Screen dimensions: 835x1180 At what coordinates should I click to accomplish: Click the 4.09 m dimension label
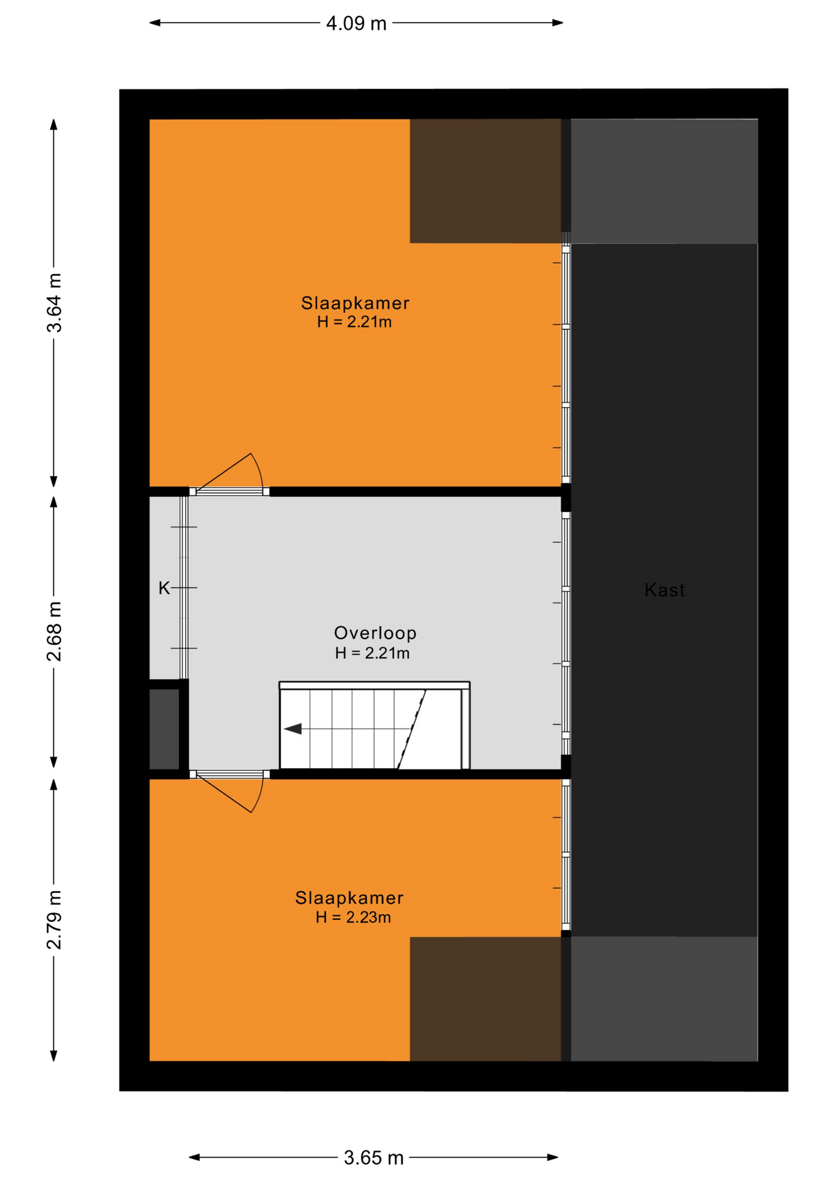[356, 23]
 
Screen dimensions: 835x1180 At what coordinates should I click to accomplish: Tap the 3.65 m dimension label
[373, 1158]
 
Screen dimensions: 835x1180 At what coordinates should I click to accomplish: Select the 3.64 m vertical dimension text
[55, 302]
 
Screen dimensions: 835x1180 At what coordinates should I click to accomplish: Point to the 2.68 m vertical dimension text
[55, 631]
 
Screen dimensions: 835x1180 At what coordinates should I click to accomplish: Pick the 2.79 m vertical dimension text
[55, 919]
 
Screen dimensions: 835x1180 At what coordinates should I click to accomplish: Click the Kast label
[664, 590]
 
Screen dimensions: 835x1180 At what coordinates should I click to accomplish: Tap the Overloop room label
[375, 632]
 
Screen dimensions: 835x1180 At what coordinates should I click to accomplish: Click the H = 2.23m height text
[354, 918]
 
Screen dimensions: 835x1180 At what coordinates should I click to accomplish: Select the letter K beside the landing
[164, 588]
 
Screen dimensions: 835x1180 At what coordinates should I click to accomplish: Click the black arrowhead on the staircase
[293, 729]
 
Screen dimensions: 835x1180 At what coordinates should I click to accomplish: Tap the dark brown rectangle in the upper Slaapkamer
[485, 181]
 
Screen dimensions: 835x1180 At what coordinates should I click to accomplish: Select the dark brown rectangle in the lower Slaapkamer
[485, 999]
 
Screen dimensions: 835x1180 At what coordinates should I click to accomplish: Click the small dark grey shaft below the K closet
[164, 728]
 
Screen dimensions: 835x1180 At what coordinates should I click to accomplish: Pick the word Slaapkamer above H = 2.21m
[355, 303]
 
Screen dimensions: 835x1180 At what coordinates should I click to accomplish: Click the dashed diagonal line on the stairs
[411, 729]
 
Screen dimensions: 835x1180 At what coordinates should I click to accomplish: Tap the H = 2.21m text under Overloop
[373, 653]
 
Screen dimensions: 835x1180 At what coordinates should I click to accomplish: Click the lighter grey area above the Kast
[664, 181]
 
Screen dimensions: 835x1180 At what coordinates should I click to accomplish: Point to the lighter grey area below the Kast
[664, 999]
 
